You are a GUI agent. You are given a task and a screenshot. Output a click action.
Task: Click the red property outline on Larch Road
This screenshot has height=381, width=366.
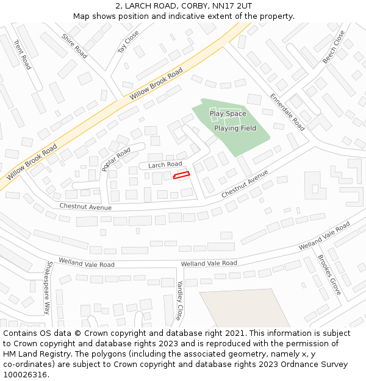[181, 176]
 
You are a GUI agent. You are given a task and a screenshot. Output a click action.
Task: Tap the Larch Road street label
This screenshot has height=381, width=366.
[165, 165]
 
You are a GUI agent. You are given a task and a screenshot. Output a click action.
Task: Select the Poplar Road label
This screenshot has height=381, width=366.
[116, 159]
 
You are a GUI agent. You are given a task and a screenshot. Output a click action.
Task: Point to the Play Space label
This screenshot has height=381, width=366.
[228, 113]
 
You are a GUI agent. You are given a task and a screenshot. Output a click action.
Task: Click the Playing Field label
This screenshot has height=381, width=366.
[235, 128]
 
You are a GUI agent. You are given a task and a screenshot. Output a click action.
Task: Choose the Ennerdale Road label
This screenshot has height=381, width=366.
[287, 112]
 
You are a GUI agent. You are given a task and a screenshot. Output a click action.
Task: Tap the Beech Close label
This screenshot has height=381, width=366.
[334, 47]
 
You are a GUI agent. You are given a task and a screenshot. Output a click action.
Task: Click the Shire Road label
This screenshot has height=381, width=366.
[74, 46]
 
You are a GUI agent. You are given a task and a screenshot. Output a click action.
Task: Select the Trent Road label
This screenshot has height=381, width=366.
[22, 55]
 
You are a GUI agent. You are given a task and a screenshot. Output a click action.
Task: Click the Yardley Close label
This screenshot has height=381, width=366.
[179, 301]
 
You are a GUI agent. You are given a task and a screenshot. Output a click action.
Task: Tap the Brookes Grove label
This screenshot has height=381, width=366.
[329, 275]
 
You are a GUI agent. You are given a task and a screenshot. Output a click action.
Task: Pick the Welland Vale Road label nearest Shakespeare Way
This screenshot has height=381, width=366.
[87, 263]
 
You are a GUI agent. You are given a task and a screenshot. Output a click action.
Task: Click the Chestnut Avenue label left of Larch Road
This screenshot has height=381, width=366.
[85, 207]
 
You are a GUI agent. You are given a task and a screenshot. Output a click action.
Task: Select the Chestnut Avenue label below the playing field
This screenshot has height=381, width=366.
[245, 183]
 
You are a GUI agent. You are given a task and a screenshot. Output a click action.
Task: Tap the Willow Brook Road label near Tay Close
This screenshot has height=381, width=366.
[156, 85]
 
